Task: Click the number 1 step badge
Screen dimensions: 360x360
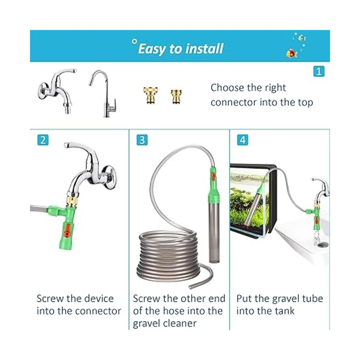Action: click(x=319, y=71)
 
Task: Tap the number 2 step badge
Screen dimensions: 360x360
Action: click(x=43, y=140)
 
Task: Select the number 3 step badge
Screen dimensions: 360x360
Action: click(x=142, y=140)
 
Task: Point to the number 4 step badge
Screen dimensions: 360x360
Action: click(x=243, y=140)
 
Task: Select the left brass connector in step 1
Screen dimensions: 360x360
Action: click(x=151, y=95)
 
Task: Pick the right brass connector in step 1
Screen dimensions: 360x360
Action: click(x=176, y=96)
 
